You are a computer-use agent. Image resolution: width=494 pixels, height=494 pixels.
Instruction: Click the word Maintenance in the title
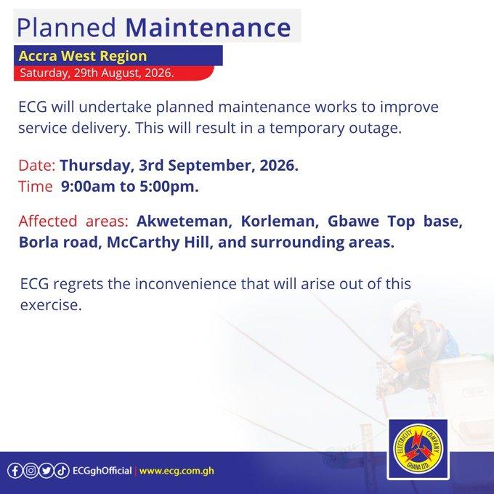208,28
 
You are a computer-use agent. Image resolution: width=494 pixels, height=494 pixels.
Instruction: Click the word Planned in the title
66,28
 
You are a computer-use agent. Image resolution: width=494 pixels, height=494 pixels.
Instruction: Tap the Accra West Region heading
83,56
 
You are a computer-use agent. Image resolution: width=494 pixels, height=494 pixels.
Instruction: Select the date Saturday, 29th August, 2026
97,73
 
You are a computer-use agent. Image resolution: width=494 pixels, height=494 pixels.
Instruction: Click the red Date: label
37,166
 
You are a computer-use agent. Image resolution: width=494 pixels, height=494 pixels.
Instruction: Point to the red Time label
36,186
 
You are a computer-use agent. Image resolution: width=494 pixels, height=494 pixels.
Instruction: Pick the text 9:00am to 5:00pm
130,186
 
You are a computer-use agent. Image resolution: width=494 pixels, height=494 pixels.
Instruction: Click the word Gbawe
353,221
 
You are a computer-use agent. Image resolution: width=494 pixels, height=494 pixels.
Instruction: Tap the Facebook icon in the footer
15,471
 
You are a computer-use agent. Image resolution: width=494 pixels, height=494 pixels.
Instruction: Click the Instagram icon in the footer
31,471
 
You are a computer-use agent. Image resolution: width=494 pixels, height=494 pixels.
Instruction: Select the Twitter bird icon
46,471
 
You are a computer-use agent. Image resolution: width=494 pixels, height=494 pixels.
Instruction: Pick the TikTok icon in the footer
62,471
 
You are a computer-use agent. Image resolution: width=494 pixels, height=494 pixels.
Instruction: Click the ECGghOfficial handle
102,471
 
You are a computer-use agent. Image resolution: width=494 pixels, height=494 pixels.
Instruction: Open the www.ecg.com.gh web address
177,471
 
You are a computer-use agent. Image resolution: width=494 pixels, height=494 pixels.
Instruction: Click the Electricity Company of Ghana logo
418,449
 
